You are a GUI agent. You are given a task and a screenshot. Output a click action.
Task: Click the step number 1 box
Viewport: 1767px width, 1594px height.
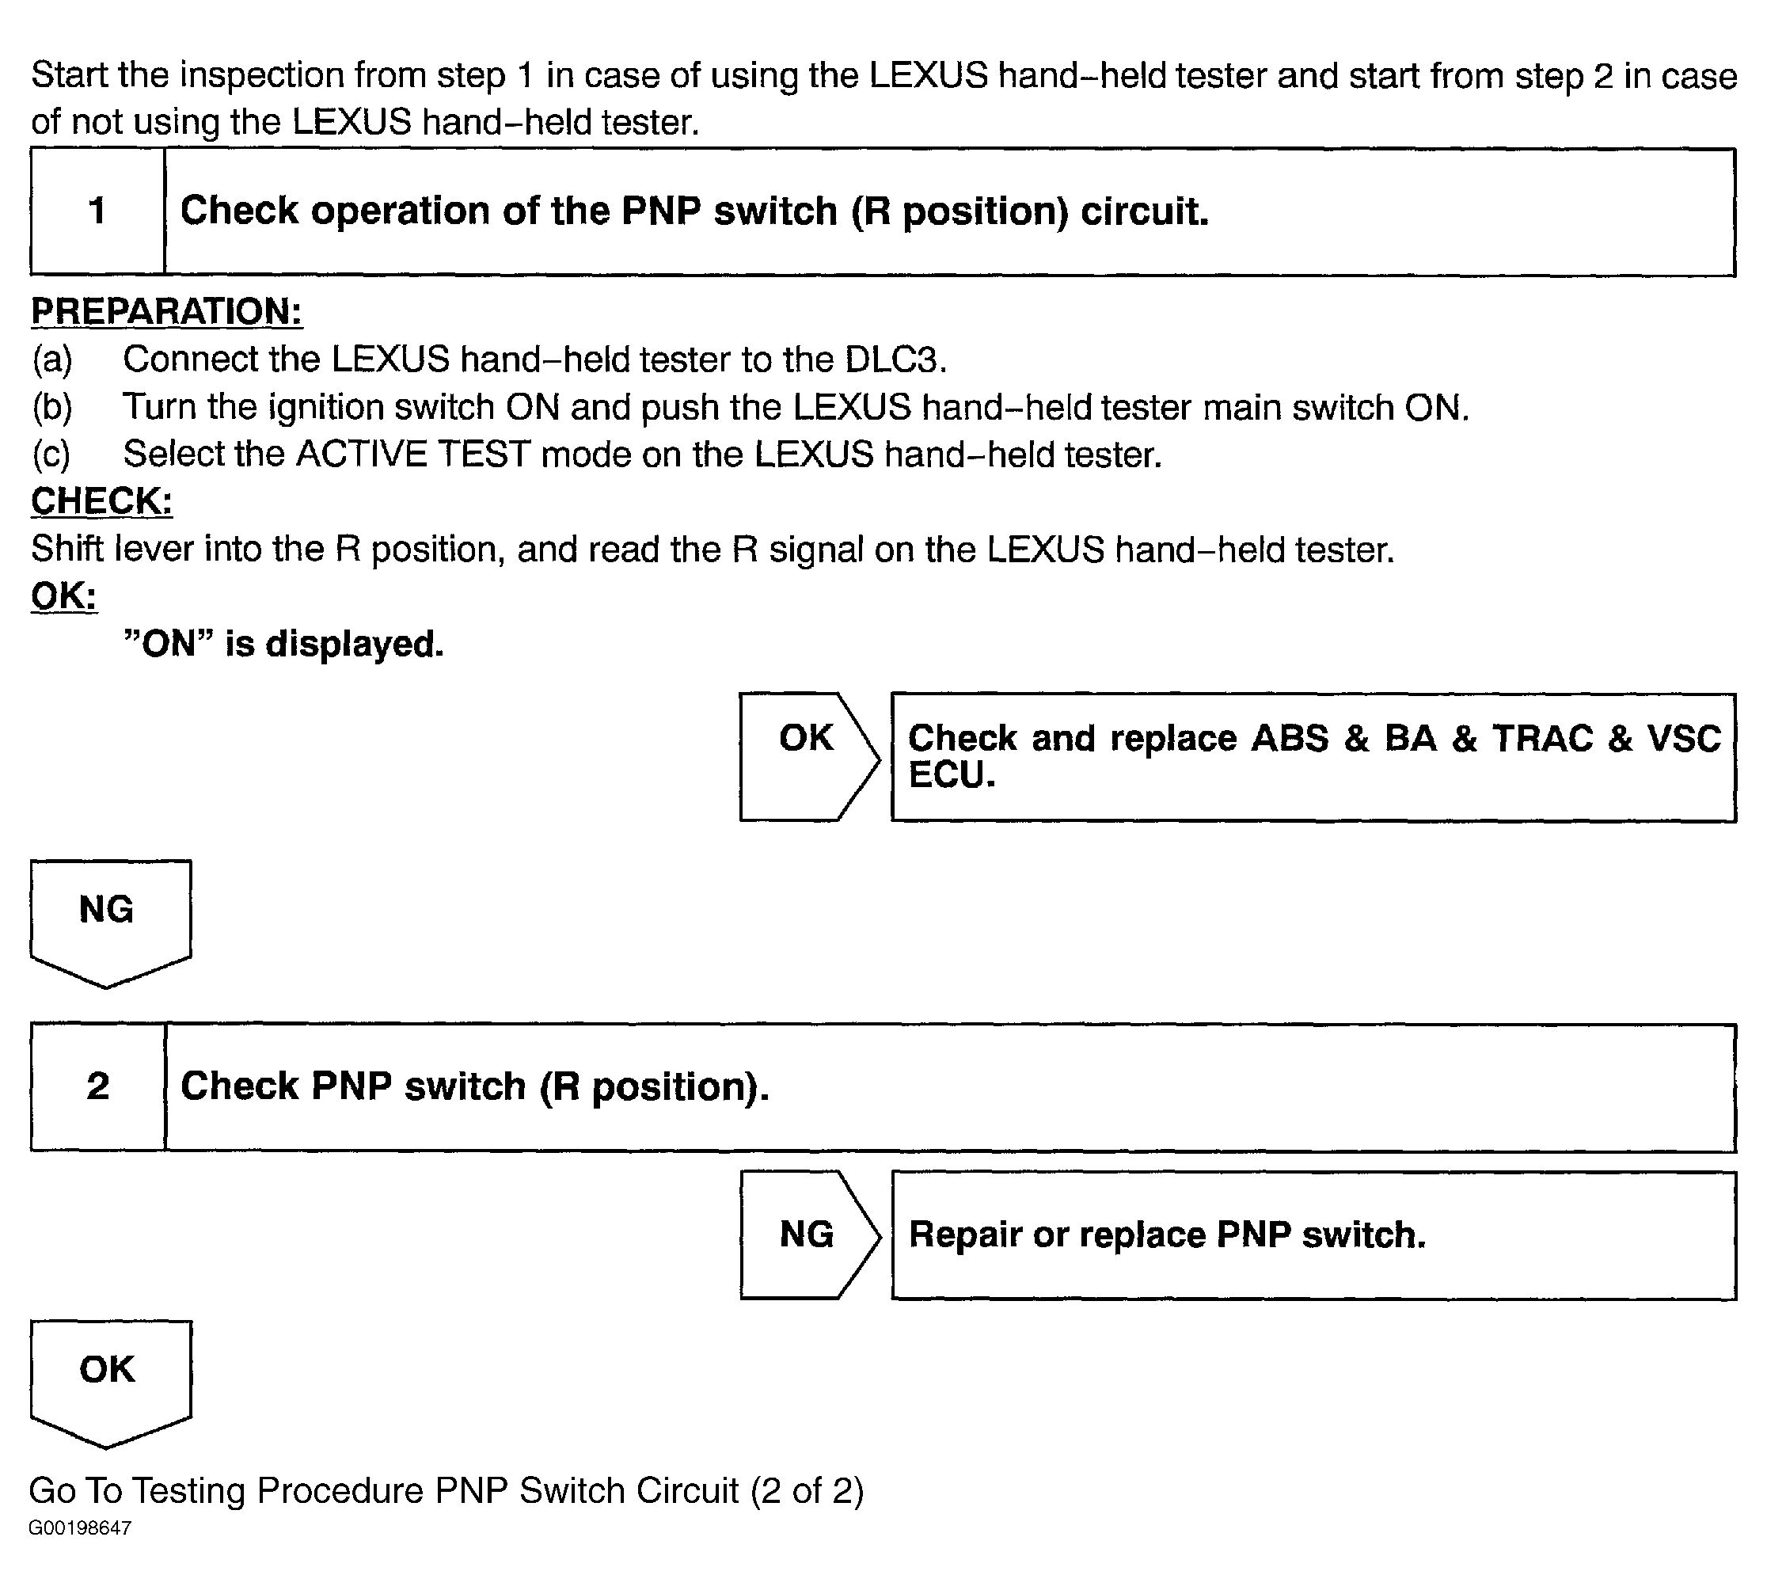[97, 211]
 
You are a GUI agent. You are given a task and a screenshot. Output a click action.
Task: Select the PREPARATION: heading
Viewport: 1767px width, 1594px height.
[166, 312]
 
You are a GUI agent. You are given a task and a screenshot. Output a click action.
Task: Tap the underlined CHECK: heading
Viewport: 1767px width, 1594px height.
[101, 501]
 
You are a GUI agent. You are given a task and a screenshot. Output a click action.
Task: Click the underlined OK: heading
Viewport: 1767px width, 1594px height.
[64, 596]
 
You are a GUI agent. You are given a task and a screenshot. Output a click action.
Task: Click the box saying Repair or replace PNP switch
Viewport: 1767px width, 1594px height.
[1313, 1235]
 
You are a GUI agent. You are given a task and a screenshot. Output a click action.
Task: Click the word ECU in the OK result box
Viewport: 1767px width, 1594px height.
[951, 775]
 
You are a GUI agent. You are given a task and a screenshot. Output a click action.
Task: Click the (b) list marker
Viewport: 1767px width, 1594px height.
[52, 407]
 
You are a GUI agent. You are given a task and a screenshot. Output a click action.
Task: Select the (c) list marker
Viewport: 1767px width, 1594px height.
[51, 455]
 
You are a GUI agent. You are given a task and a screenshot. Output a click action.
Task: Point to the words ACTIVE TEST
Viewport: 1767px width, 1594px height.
[414, 455]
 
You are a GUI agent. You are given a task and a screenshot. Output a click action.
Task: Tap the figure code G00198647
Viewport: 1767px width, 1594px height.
[80, 1553]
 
